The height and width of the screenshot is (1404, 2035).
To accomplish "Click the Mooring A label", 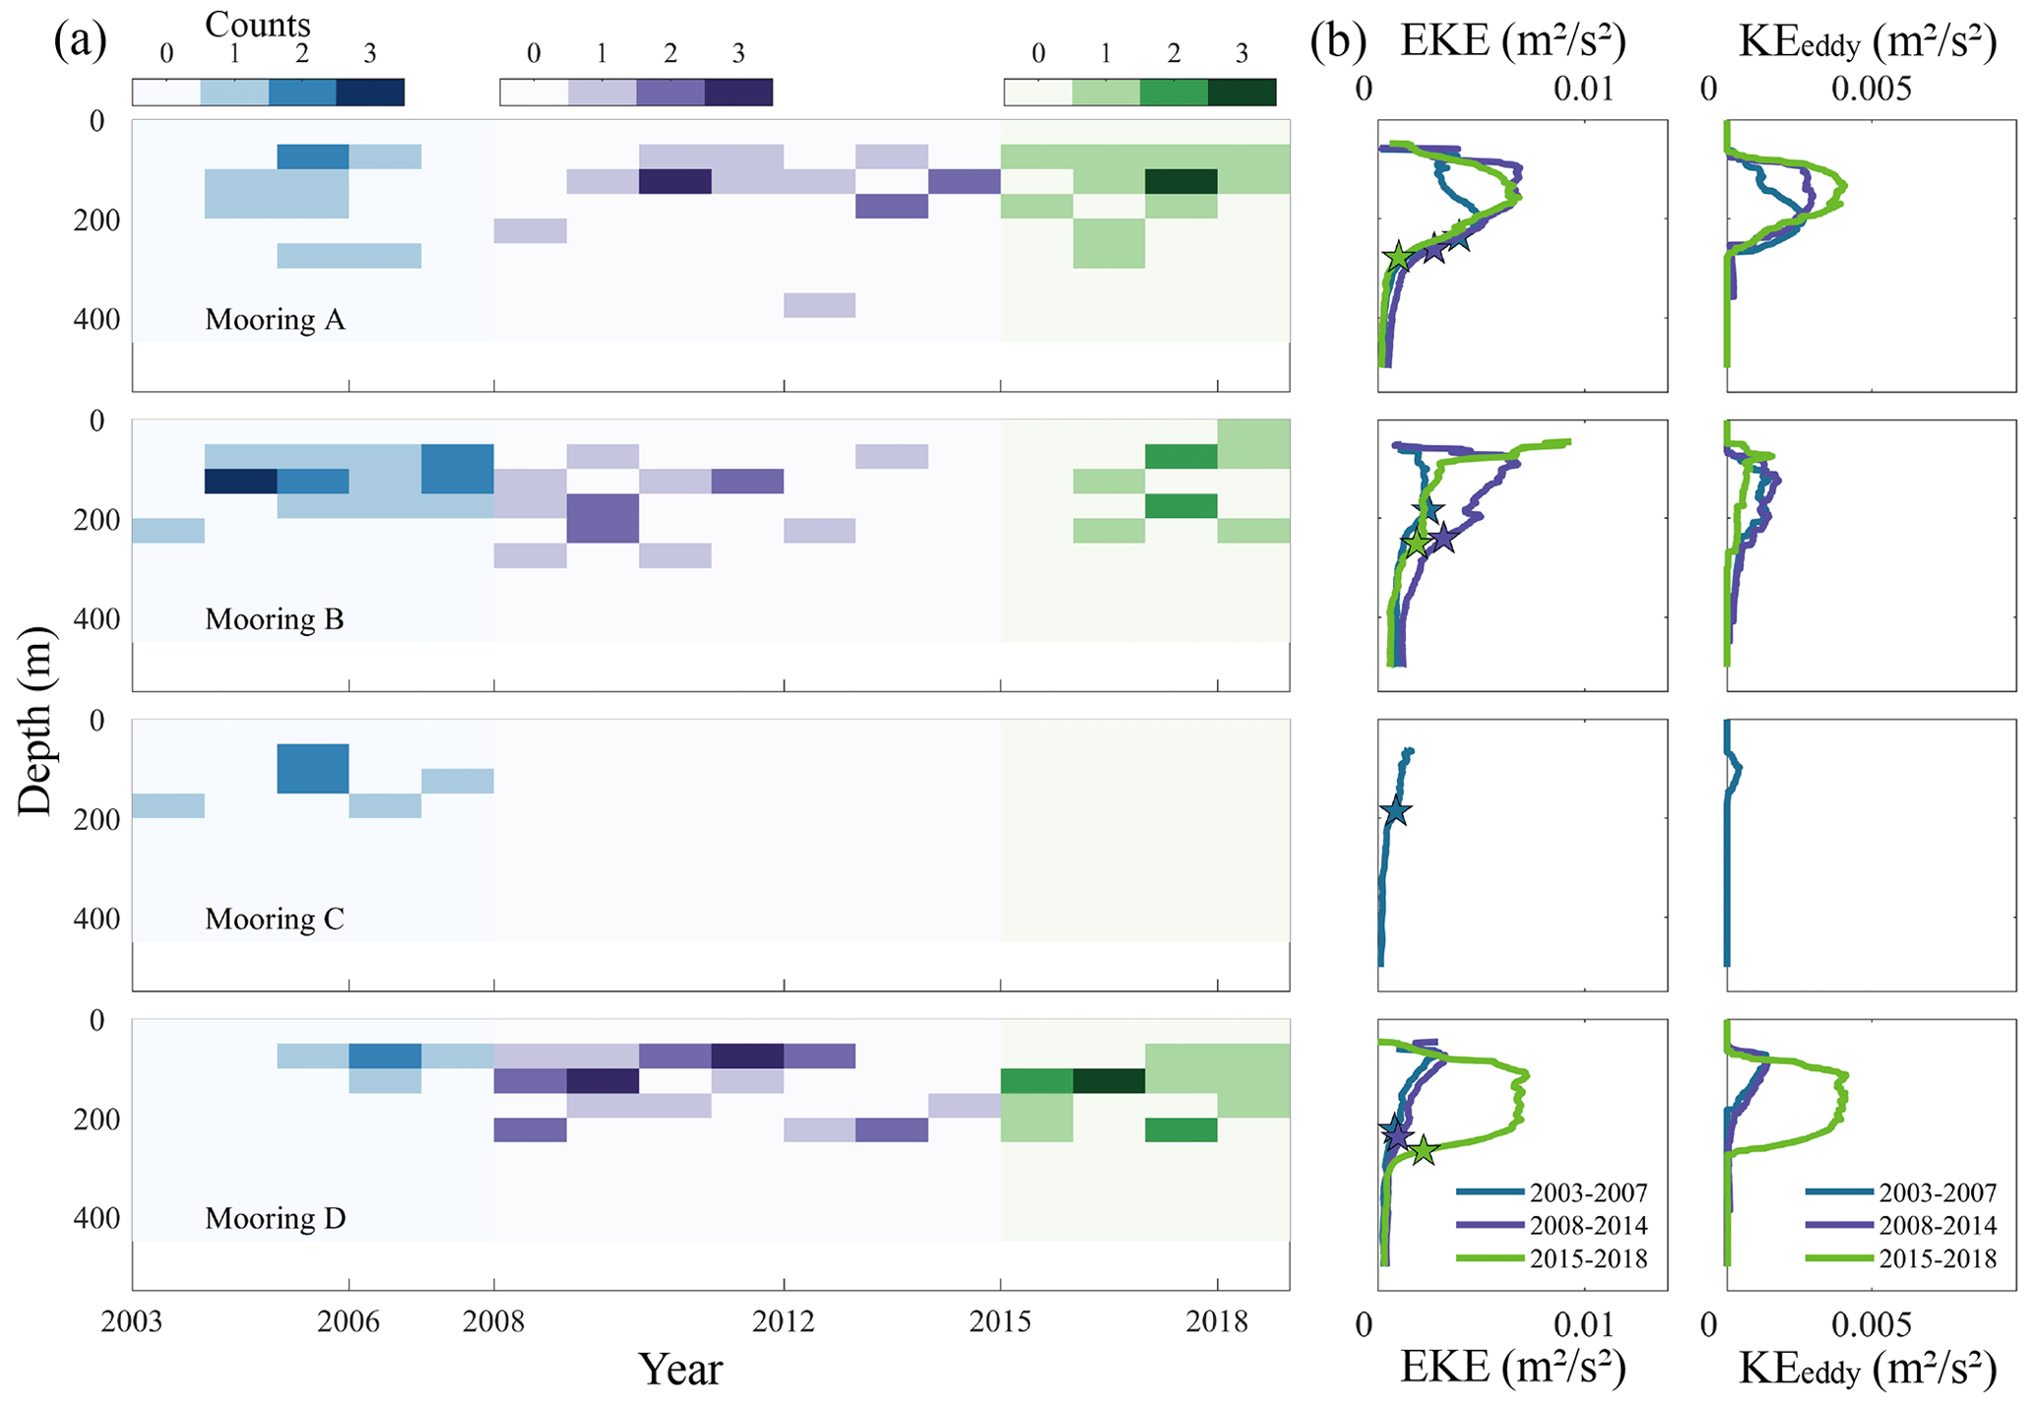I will [275, 320].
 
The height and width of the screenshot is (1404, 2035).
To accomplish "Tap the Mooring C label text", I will [275, 920].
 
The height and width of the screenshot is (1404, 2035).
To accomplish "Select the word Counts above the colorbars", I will [257, 24].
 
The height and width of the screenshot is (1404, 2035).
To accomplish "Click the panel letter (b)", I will [1338, 41].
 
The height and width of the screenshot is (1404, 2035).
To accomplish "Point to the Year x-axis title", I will [679, 1369].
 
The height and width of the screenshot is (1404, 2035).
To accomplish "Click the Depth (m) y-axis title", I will [35, 720].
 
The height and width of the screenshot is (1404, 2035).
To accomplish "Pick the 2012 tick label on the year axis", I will [783, 1321].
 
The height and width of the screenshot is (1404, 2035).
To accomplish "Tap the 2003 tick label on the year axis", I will [132, 1321].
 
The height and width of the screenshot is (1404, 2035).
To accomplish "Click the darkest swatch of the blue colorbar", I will [370, 92].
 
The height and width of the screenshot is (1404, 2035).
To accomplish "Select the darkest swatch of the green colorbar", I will [1241, 92].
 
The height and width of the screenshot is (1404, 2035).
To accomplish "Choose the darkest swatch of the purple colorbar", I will [738, 92].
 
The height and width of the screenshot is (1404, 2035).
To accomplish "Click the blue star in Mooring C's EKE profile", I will [1396, 811].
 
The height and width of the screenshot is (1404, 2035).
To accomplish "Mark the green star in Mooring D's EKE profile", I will [1424, 1150].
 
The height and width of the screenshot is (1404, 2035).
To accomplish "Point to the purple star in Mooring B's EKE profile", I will [1443, 539].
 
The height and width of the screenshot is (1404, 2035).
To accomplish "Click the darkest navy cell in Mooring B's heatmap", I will [240, 481].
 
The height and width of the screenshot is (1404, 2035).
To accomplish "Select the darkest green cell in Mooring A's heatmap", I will [1180, 181].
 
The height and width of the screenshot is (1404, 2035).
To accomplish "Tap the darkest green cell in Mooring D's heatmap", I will [1109, 1081].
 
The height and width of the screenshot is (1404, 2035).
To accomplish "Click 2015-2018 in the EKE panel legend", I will [1588, 1258].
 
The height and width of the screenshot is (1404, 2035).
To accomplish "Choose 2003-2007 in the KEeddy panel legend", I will [1938, 1193].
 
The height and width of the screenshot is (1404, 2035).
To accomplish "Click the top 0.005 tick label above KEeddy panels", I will [1871, 90].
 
